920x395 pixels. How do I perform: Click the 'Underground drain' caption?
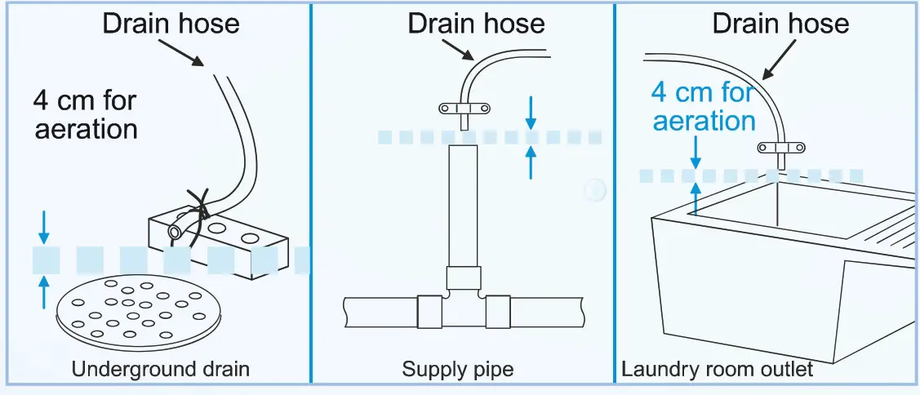pyautogui.click(x=160, y=370)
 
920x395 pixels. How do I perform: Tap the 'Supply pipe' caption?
pyautogui.click(x=458, y=370)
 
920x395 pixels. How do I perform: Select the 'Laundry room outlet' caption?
pyautogui.click(x=717, y=370)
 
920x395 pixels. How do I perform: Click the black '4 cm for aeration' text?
pyautogui.click(x=85, y=115)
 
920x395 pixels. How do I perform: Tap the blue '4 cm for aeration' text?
pyautogui.click(x=703, y=106)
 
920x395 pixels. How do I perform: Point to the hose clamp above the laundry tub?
pyautogui.click(x=781, y=148)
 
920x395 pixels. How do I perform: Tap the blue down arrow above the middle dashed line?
pyautogui.click(x=531, y=113)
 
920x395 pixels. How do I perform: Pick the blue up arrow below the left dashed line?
pyautogui.click(x=44, y=291)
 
